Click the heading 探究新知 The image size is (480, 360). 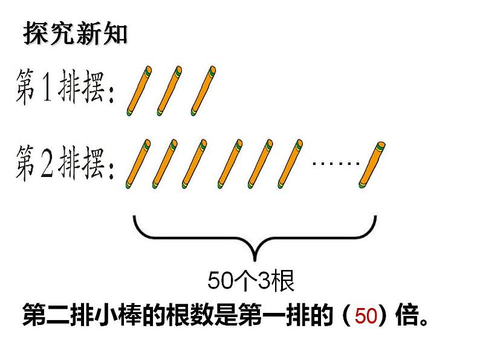click(x=76, y=34)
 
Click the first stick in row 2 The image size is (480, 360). click(x=138, y=163)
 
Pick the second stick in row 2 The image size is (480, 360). click(x=166, y=163)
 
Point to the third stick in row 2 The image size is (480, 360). click(x=197, y=163)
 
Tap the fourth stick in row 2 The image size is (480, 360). click(x=229, y=163)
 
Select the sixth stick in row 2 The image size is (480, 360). click(x=288, y=163)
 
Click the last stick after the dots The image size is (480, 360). click(x=373, y=163)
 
